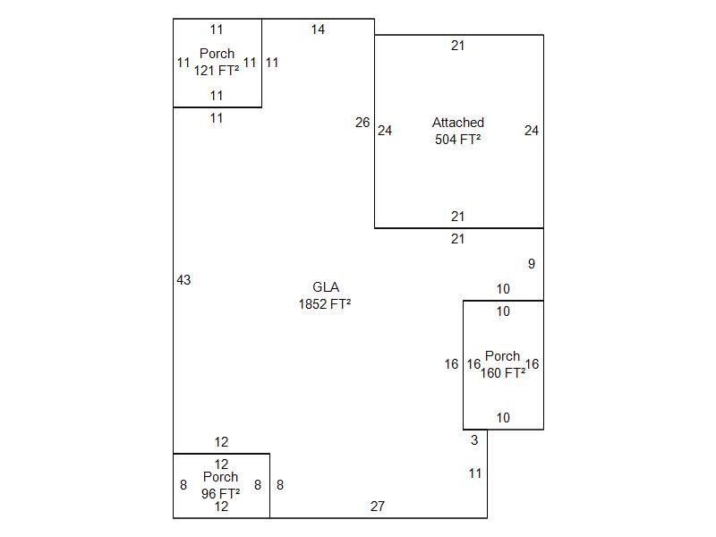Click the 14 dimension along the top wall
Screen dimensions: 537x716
click(x=318, y=30)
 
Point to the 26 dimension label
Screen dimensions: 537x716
click(x=362, y=123)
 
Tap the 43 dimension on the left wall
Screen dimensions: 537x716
click(x=183, y=280)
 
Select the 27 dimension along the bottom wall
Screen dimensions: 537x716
click(x=378, y=507)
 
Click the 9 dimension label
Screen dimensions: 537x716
click(x=532, y=264)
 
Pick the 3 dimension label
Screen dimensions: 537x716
click(x=474, y=440)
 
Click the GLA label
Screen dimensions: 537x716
click(x=325, y=287)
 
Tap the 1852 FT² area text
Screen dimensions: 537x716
click(x=325, y=304)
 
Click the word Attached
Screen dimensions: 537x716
click(x=458, y=123)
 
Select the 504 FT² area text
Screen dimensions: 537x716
click(x=458, y=140)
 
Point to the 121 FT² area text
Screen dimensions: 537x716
click(x=217, y=71)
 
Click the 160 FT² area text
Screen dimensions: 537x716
click(x=503, y=373)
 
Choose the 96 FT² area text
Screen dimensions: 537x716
click(x=221, y=493)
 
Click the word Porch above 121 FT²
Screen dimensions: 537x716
click(x=217, y=54)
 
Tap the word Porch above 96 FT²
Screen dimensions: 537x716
click(x=221, y=477)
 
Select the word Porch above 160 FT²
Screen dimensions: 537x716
click(x=502, y=356)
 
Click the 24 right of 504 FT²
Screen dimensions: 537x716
click(x=532, y=131)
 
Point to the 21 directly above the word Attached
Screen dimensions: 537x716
click(x=458, y=46)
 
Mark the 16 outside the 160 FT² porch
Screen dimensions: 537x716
click(x=452, y=364)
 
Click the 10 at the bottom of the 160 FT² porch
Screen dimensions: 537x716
click(x=503, y=418)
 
